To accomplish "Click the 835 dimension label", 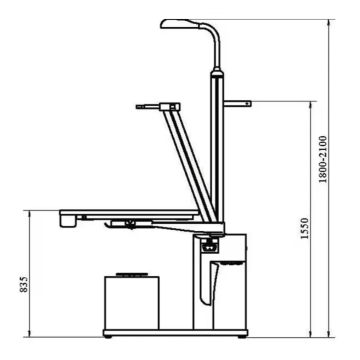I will pyautogui.click(x=24, y=285).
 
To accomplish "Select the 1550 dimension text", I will pyautogui.click(x=305, y=228).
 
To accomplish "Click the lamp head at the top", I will pyautogui.click(x=178, y=23).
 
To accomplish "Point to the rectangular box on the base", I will pyautogui.click(x=132, y=302).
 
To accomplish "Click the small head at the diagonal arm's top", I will pyautogui.click(x=170, y=107).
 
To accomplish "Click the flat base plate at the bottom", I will pyautogui.click(x=175, y=333).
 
